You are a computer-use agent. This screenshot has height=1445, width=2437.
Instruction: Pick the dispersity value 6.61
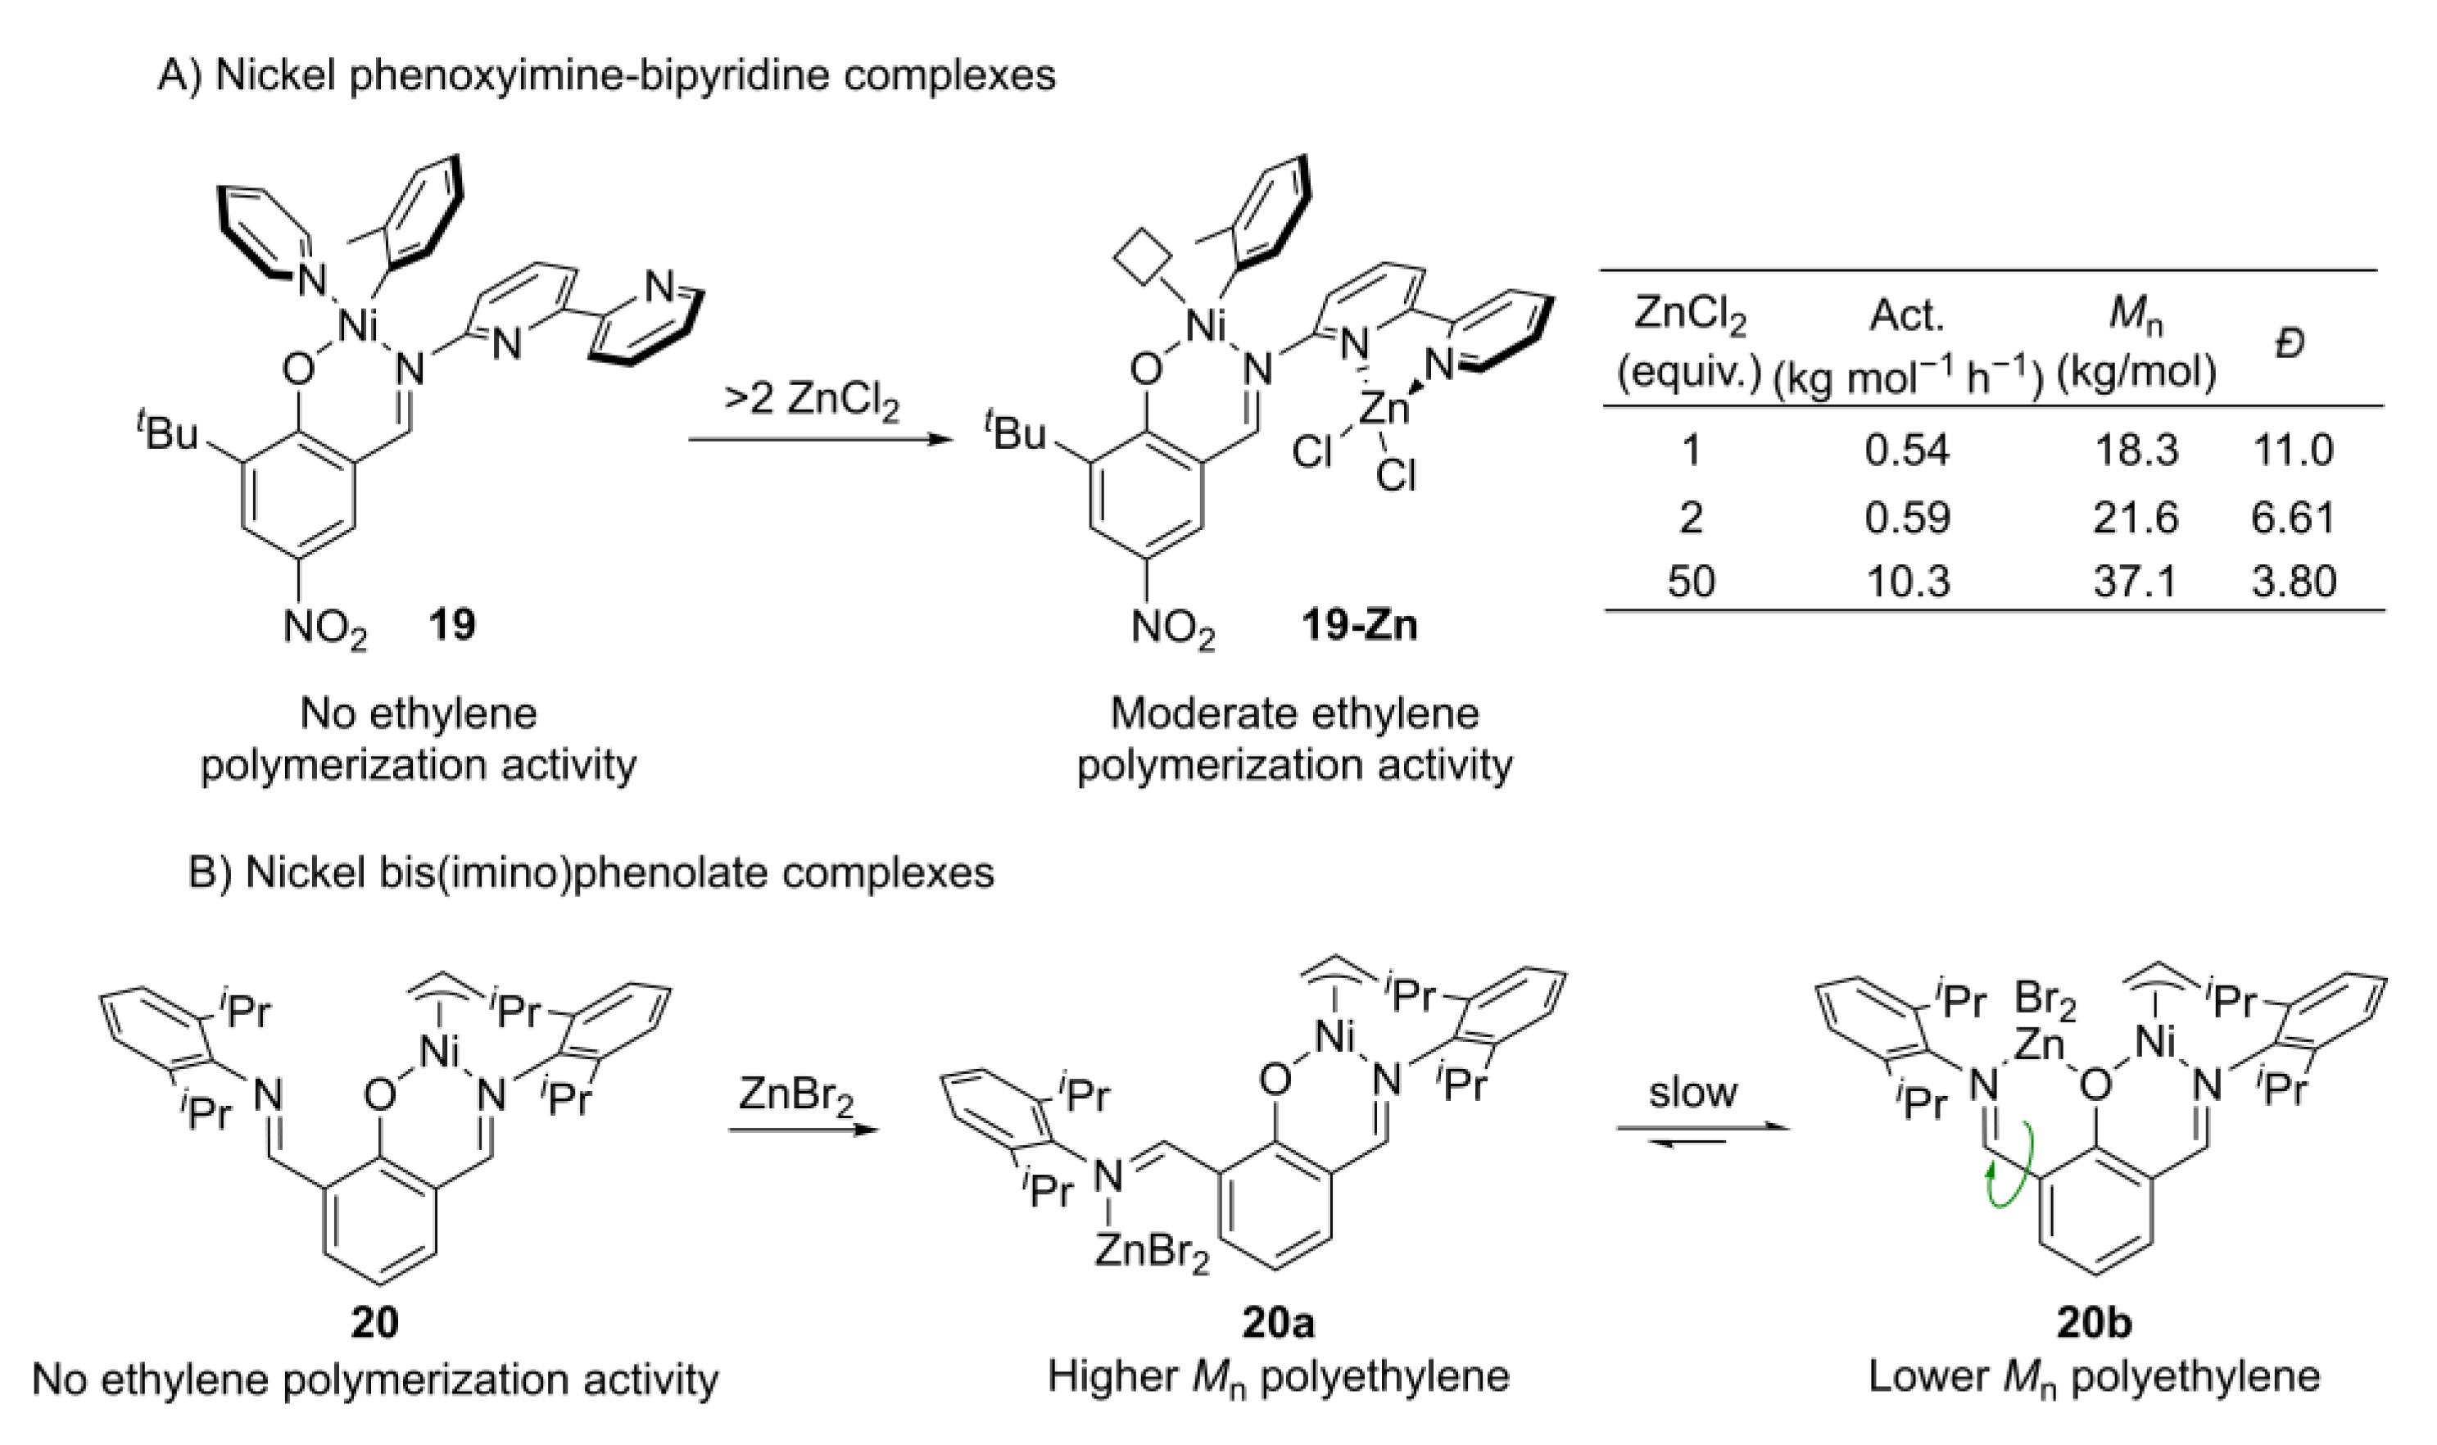pyautogui.click(x=2292, y=516)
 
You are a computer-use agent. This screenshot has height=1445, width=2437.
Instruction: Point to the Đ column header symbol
pyautogui.click(x=2290, y=342)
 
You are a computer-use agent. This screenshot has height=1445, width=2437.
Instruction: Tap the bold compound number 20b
pyautogui.click(x=2093, y=1322)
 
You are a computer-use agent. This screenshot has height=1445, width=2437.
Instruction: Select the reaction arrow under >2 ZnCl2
pyautogui.click(x=818, y=440)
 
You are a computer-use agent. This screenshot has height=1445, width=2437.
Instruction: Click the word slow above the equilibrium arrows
pyautogui.click(x=1692, y=1092)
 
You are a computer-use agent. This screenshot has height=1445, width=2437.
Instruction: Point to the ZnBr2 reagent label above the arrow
pyautogui.click(x=795, y=1094)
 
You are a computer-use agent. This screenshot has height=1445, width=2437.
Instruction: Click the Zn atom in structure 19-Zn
pyautogui.click(x=1384, y=409)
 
